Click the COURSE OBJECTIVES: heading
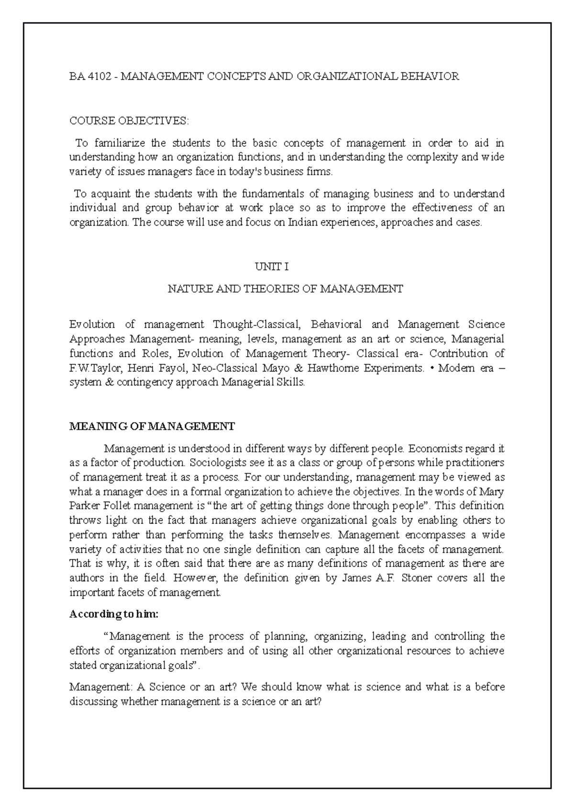tap(129, 121)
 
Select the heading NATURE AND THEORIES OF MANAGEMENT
tap(286, 289)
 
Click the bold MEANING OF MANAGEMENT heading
tap(152, 426)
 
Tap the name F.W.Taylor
tap(92, 368)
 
